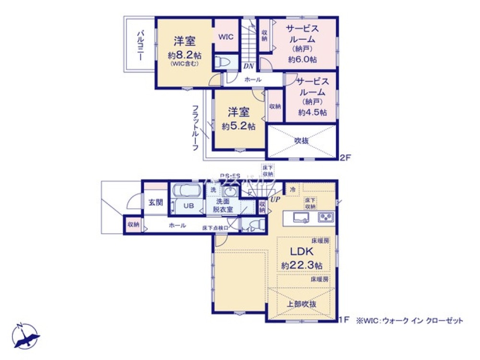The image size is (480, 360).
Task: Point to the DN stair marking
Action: tap(248, 65)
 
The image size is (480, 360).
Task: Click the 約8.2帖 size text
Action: tap(184, 54)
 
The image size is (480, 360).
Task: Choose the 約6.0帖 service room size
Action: tap(302, 60)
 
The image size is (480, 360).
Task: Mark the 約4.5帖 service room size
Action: tap(312, 112)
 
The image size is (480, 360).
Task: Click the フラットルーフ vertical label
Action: tap(195, 127)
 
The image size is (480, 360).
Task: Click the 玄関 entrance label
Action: tap(155, 202)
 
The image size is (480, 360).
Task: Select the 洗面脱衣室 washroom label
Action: tap(224, 205)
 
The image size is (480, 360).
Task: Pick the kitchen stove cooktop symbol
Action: tap(326, 217)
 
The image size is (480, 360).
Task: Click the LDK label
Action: tap(301, 252)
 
